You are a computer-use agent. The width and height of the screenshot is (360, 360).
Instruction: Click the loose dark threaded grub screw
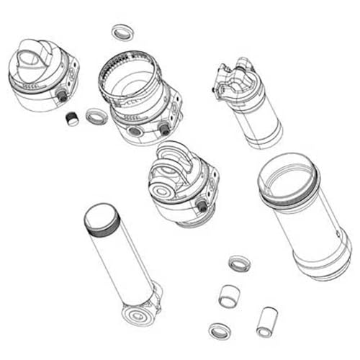click(x=71, y=118)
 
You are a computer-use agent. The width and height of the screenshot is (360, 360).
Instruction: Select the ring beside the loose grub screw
click(x=96, y=115)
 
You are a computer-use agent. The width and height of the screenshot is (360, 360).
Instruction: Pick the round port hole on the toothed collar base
click(x=135, y=132)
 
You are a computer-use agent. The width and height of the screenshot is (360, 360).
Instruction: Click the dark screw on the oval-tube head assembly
click(x=61, y=96)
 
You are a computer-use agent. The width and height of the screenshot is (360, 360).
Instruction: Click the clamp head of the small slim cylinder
click(x=232, y=77)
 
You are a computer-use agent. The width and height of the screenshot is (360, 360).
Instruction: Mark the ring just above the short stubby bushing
click(x=238, y=263)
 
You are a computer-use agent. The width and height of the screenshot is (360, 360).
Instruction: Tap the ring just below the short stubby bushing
click(x=220, y=330)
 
